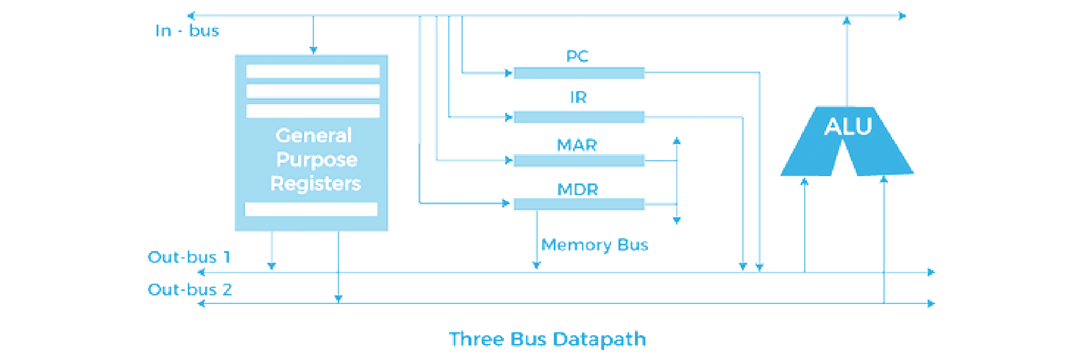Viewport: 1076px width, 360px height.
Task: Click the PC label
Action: (577, 56)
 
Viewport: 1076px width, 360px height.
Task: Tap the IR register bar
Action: (579, 117)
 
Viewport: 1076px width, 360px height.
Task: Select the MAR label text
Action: (577, 145)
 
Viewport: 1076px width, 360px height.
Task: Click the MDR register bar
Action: (579, 204)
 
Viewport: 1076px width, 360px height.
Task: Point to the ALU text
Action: (848, 126)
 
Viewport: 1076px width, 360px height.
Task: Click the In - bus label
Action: (187, 30)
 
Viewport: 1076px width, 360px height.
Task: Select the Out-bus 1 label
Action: (189, 257)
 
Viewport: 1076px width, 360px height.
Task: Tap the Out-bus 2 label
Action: (190, 289)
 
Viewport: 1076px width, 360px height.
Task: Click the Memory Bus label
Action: (595, 245)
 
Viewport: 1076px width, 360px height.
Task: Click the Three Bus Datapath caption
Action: (547, 339)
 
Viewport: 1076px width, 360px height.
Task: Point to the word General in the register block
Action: (314, 136)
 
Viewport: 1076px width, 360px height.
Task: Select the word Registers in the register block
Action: (315, 183)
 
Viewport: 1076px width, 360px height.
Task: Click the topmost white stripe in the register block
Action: (313, 71)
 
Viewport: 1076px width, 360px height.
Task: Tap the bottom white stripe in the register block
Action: (311, 209)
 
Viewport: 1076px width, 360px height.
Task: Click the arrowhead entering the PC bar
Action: (508, 72)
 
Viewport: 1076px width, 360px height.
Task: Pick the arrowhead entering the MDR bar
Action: (506, 203)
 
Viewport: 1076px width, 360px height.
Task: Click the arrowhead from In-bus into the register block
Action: (313, 49)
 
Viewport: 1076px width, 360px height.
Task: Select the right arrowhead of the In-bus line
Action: (902, 16)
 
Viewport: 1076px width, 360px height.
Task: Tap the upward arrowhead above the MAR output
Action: (677, 141)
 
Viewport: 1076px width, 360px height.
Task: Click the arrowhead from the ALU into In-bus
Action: (847, 20)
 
